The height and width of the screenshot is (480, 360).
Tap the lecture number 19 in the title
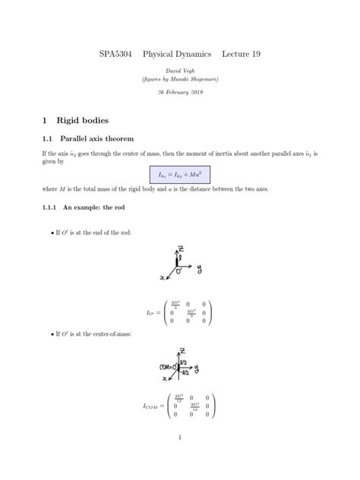pyautogui.click(x=254, y=55)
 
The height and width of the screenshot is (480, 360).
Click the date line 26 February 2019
pyautogui.click(x=179, y=92)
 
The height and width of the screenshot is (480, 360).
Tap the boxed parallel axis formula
pyautogui.click(x=180, y=174)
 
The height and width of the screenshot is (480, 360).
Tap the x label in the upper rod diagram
pyautogui.click(x=161, y=278)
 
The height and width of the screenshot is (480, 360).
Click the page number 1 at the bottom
pyautogui.click(x=179, y=437)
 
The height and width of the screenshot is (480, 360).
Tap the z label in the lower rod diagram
pyautogui.click(x=182, y=350)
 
